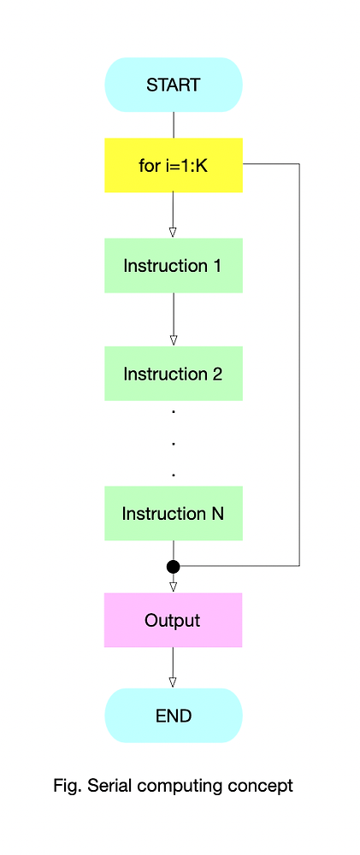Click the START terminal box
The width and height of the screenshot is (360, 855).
pyautogui.click(x=174, y=85)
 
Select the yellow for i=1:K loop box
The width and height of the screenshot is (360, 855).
pyautogui.click(x=174, y=165)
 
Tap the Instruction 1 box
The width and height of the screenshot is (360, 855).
pyautogui.click(x=174, y=266)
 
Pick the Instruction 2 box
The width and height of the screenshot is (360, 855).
pyautogui.click(x=174, y=374)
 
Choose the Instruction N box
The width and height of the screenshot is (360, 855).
pyautogui.click(x=174, y=513)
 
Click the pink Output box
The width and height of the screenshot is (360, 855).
pyautogui.click(x=174, y=620)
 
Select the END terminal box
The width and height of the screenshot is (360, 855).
pyautogui.click(x=174, y=716)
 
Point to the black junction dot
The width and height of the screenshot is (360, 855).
pyautogui.click(x=174, y=566)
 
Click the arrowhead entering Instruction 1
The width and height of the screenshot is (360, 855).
pyautogui.click(x=174, y=232)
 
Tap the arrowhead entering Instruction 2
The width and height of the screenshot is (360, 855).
pyautogui.click(x=174, y=339)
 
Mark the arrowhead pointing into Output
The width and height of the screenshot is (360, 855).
pyautogui.click(x=174, y=587)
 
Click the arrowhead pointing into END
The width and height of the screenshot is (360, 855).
pyautogui.click(x=174, y=681)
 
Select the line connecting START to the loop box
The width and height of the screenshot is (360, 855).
pyautogui.click(x=174, y=125)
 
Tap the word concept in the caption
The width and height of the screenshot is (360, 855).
pyautogui.click(x=263, y=786)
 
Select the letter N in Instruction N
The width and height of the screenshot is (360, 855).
pyautogui.click(x=217, y=513)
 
